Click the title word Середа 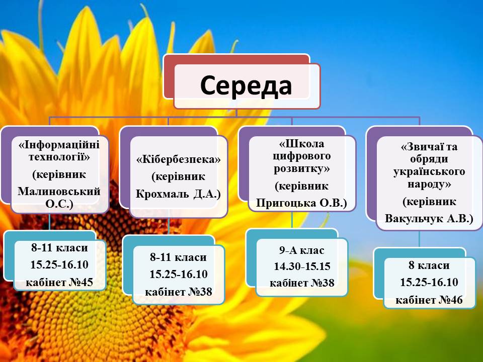(x=246, y=85)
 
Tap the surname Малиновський (x=59, y=191)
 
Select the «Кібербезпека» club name (x=179, y=159)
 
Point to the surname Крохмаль (x=163, y=194)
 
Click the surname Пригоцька (x=286, y=203)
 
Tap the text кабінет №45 (x=59, y=282)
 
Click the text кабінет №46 (x=429, y=300)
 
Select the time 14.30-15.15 (x=302, y=266)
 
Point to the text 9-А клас (x=302, y=250)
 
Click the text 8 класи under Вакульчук (x=429, y=265)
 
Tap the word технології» (x=59, y=157)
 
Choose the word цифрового (x=302, y=156)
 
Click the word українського (x=429, y=171)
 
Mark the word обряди (x=429, y=159)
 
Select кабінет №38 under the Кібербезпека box (x=179, y=292)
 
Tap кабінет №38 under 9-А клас (x=302, y=283)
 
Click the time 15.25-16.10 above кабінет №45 (x=59, y=264)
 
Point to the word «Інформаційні (x=59, y=144)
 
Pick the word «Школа (x=302, y=143)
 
